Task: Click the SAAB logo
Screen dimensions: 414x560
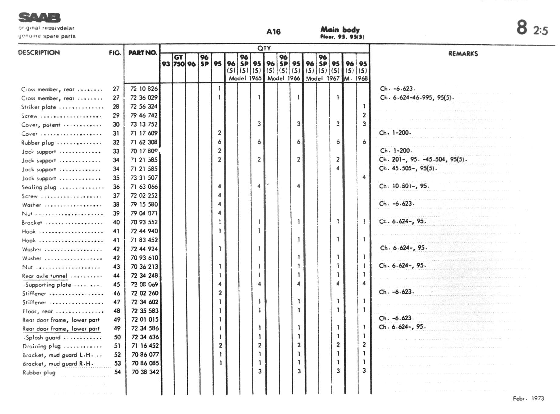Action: pos(40,18)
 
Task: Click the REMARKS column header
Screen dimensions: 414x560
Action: pos(463,54)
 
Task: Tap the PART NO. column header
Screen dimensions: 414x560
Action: pos(142,53)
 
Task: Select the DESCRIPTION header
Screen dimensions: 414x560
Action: pos(39,52)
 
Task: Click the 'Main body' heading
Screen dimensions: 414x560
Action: pos(340,30)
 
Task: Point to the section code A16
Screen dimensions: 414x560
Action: pos(273,32)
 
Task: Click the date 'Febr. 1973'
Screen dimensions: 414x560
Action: pos(528,398)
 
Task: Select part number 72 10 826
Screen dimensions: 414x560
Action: pos(144,89)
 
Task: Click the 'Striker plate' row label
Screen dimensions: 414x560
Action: pos(39,107)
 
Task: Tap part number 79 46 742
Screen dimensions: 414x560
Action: pos(144,115)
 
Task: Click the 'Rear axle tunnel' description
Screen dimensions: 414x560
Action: pos(45,276)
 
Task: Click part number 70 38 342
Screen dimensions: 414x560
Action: pos(145,372)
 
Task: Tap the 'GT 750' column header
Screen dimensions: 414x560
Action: pos(179,61)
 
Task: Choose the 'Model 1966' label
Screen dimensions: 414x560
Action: pos(284,78)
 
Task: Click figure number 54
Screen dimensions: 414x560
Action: pos(117,372)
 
